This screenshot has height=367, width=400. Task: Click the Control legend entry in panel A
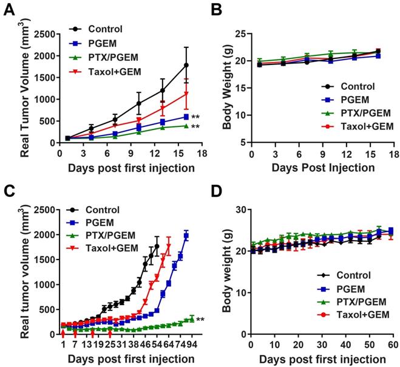pos(104,28)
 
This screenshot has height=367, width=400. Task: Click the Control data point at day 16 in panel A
pos(186,65)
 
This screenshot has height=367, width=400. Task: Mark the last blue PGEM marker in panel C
pos(186,236)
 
